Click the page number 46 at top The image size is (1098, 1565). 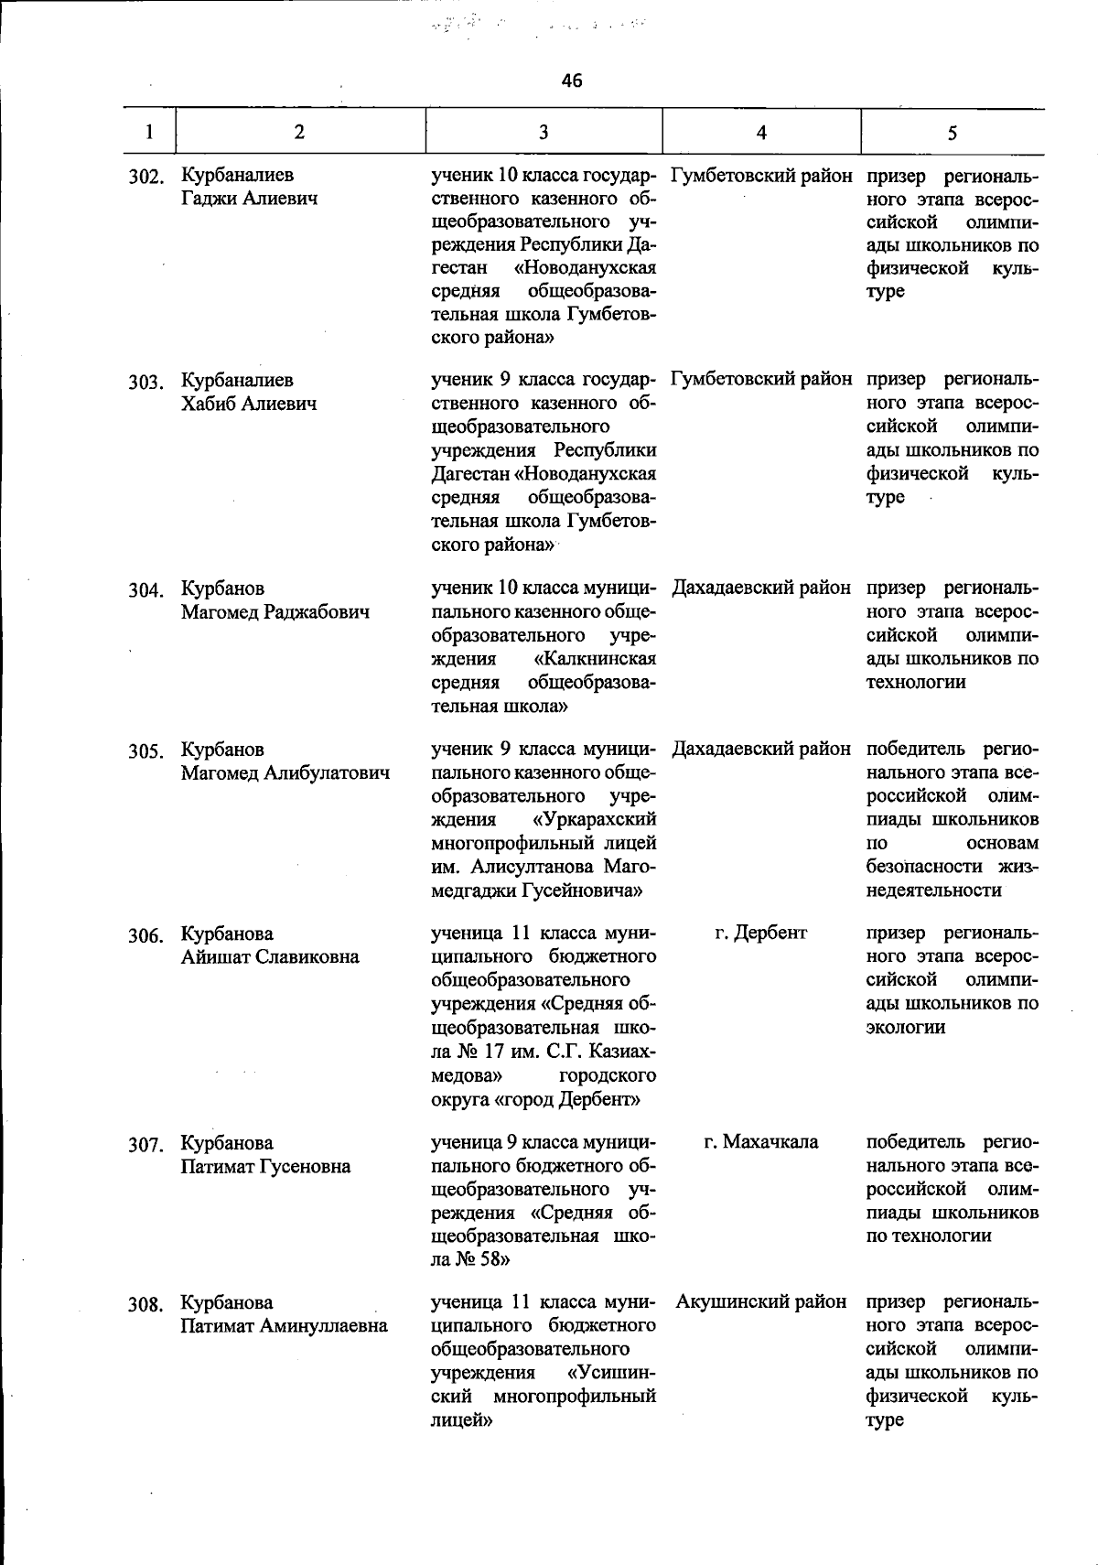tap(572, 81)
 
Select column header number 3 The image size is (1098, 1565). tap(544, 132)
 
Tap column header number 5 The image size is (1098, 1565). tap(953, 133)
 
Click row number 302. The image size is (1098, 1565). tap(145, 176)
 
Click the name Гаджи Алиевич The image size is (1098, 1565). tap(249, 198)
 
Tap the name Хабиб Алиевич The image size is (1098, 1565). tap(249, 404)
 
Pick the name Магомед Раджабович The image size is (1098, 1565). tap(275, 611)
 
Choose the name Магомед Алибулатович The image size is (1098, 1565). tap(285, 773)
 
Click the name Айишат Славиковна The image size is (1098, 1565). tap(270, 957)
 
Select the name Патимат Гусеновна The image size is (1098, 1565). tap(265, 1167)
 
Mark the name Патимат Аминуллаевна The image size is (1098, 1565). tap(284, 1325)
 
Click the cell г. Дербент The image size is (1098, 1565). tap(761, 933)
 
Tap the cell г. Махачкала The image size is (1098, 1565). tap(761, 1142)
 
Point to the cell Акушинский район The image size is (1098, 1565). tap(761, 1301)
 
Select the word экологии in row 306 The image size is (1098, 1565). tap(906, 1027)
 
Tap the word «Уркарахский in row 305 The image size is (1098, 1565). tap(595, 819)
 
